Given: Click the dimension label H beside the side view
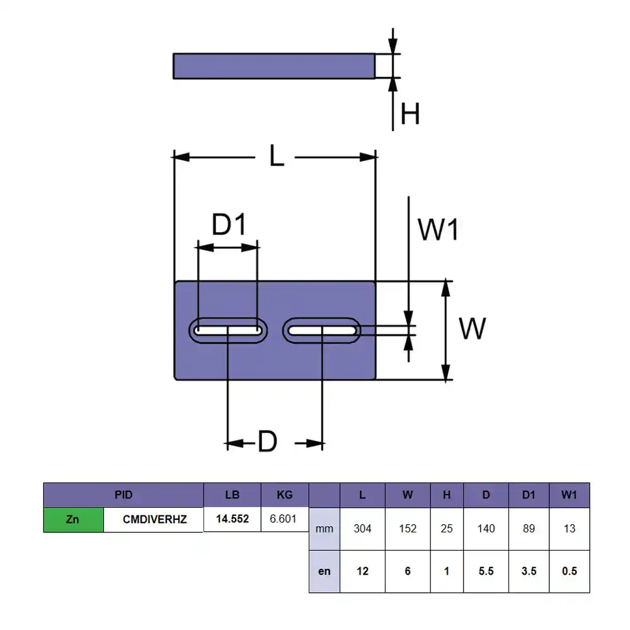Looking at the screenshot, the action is coord(410,113).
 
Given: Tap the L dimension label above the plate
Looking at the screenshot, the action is coord(277,156).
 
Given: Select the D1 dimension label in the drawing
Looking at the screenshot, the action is coord(229,224).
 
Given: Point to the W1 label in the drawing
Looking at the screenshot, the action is coord(438,230).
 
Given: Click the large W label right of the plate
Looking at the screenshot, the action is coord(472,328).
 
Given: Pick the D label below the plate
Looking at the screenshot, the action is coord(268,441).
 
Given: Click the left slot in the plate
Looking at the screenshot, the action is coord(228,330).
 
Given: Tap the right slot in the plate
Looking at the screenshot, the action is coord(321,330).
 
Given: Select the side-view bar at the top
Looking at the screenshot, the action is coord(274,66).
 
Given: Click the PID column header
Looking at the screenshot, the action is coord(123,495).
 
